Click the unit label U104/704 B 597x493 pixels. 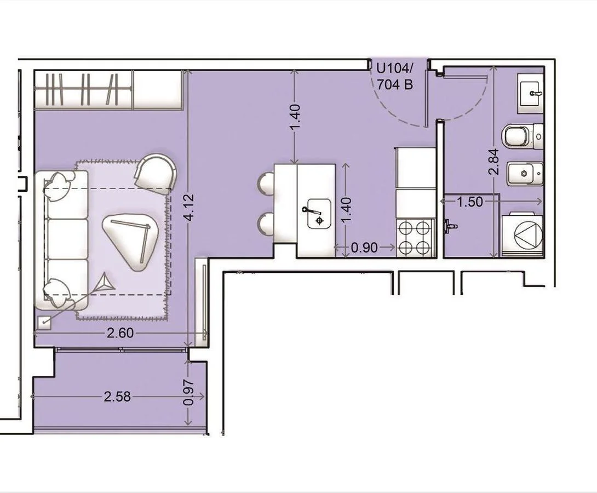pyautogui.click(x=394, y=77)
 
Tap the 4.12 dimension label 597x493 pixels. pyautogui.click(x=189, y=208)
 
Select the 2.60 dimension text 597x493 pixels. pyautogui.click(x=120, y=333)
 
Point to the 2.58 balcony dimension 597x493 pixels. pyautogui.click(x=117, y=397)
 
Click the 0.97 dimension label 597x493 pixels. pyautogui.click(x=189, y=393)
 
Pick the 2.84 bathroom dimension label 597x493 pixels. pyautogui.click(x=494, y=162)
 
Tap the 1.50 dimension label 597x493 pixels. pyautogui.click(x=470, y=202)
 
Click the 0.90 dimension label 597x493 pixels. pyautogui.click(x=364, y=248)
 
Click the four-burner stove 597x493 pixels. pyautogui.click(x=415, y=238)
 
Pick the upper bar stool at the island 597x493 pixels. pyautogui.click(x=266, y=184)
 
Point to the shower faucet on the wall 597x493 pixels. pyautogui.click(x=450, y=225)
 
